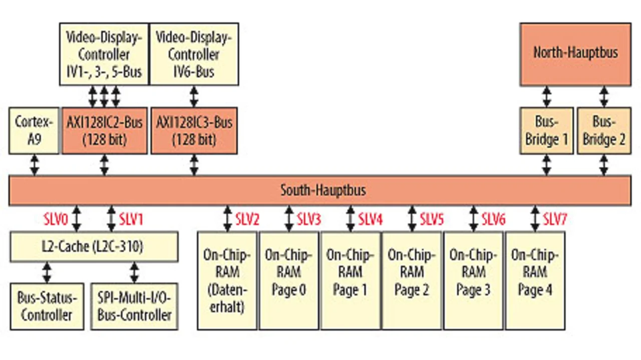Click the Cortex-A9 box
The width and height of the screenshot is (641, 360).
(x=34, y=131)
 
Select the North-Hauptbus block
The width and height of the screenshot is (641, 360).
(x=575, y=55)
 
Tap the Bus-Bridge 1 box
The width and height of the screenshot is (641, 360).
(x=546, y=131)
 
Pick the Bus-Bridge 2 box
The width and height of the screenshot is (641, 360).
(x=604, y=131)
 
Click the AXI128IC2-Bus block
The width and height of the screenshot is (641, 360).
(x=105, y=131)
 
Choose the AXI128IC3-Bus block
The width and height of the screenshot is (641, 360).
(x=194, y=131)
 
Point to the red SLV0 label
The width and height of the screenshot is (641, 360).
(x=56, y=219)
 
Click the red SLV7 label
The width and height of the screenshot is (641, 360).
(x=555, y=219)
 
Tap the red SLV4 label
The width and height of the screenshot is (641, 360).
(x=370, y=219)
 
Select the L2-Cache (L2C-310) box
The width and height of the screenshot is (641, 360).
(x=94, y=247)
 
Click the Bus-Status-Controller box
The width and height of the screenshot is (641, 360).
(x=47, y=306)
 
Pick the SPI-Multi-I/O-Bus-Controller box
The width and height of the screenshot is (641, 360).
(x=134, y=306)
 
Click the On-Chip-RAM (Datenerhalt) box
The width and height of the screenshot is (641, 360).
(x=227, y=281)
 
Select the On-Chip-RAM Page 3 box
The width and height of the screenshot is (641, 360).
(x=473, y=281)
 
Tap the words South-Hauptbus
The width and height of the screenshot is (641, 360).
(x=323, y=190)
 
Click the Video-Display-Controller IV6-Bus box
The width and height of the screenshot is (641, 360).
(x=194, y=55)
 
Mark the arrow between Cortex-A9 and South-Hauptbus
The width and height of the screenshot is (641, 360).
(x=35, y=165)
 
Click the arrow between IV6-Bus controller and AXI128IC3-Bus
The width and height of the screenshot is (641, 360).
(x=194, y=97)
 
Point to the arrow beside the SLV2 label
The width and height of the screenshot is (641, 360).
(x=227, y=219)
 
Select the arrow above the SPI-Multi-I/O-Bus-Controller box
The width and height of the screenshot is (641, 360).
(x=134, y=273)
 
